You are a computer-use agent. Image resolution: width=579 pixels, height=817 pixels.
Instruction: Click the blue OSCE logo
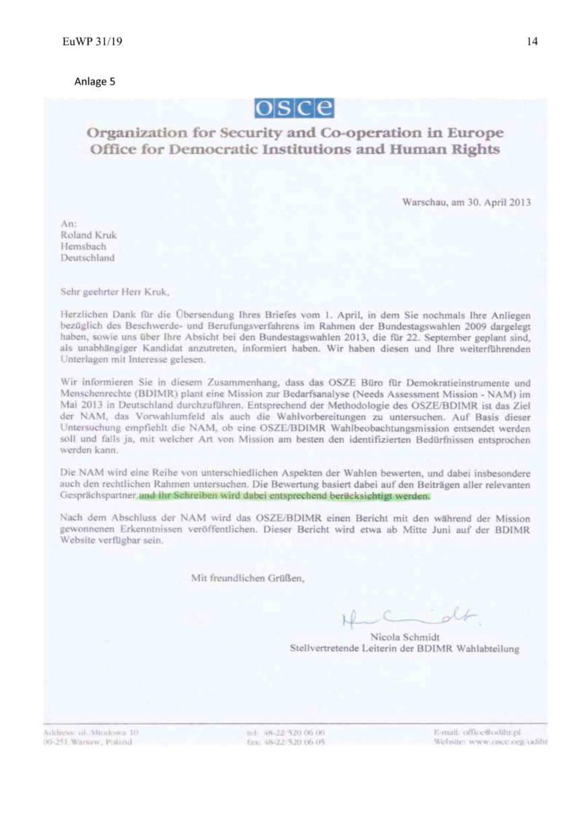[294, 108]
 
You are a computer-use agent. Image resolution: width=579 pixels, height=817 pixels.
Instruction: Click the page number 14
[532, 42]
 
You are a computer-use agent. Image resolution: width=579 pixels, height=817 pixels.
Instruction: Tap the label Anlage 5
[95, 82]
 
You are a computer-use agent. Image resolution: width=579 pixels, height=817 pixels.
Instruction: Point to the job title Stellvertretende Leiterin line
[404, 649]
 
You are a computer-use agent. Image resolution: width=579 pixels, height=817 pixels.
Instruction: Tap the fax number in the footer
[296, 742]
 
